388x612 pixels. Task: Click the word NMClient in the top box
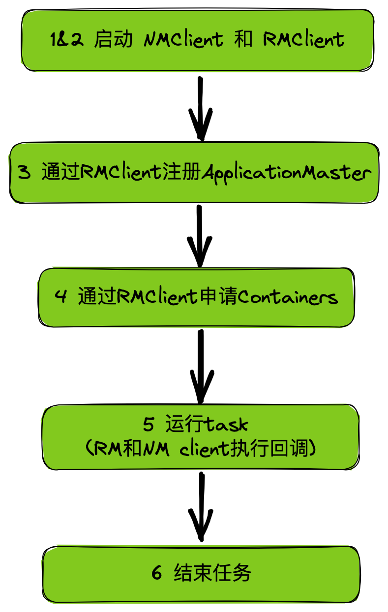(183, 40)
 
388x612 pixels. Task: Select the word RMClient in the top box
(303, 40)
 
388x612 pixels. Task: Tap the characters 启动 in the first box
(113, 40)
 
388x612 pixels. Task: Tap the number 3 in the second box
(24, 173)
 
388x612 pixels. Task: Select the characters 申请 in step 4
(219, 297)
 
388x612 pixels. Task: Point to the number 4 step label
(60, 297)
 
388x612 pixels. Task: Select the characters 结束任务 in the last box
(213, 573)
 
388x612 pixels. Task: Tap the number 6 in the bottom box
(157, 573)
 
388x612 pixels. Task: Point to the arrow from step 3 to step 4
(200, 236)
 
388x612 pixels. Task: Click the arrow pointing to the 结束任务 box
(201, 506)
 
